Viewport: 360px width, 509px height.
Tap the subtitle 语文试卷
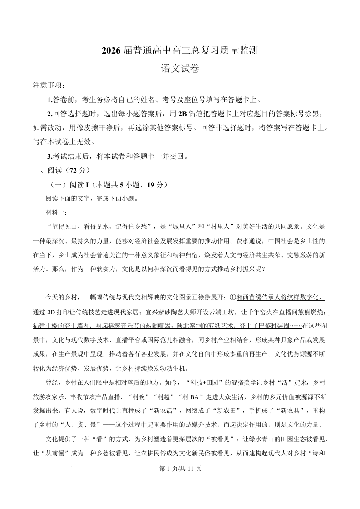click(180, 69)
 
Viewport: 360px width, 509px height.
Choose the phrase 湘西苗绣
click(251, 298)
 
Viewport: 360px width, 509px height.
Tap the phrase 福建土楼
click(47, 325)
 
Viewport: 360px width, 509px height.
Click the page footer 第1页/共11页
click(180, 469)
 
